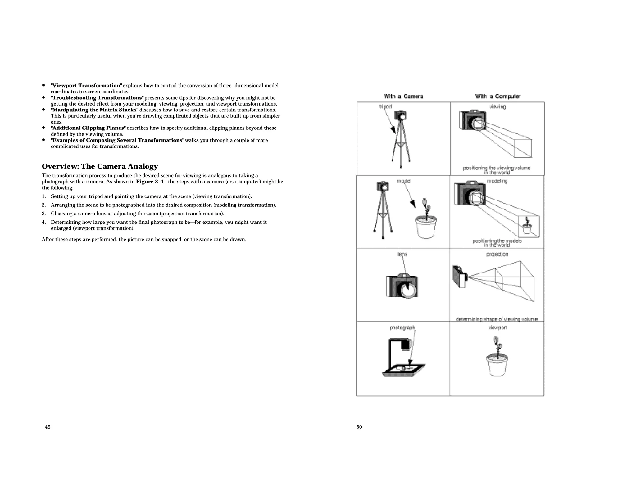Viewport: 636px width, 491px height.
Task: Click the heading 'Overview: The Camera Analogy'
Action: coord(100,166)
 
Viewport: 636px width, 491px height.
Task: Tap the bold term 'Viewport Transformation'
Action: coord(86,85)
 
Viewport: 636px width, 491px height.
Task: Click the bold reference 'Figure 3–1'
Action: coord(150,182)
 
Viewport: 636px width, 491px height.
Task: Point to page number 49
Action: coord(48,427)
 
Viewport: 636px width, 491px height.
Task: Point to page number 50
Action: coord(359,427)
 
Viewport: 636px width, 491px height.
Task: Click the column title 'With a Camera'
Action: coord(403,96)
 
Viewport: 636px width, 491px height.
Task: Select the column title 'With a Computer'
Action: coord(497,96)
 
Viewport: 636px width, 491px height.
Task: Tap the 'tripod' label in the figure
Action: coord(385,106)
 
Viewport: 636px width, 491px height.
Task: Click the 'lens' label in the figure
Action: coord(402,254)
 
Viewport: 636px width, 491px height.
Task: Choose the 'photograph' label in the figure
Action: coord(402,328)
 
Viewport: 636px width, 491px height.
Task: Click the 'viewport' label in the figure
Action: coord(497,328)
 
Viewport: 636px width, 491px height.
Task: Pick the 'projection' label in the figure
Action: coord(497,254)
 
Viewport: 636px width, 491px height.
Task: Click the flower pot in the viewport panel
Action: coord(497,363)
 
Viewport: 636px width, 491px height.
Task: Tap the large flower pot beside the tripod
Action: coord(426,227)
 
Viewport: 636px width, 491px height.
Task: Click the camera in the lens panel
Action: coord(402,286)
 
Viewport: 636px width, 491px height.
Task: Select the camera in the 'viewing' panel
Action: coord(473,120)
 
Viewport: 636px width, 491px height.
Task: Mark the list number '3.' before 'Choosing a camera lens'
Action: coord(44,214)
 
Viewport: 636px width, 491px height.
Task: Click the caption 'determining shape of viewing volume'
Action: coord(497,319)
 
